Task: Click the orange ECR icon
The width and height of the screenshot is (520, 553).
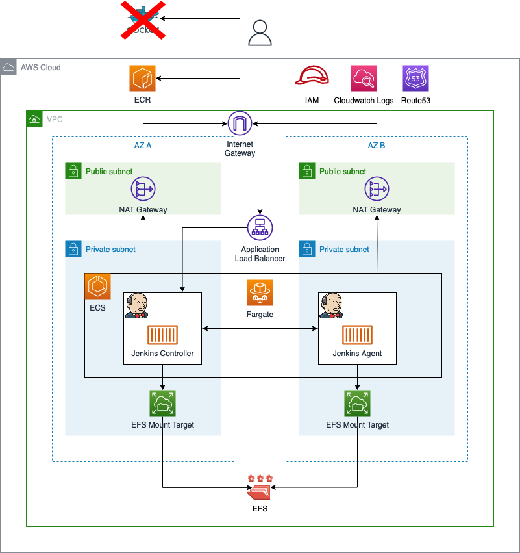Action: click(x=142, y=79)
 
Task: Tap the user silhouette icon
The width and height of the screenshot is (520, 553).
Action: click(x=260, y=33)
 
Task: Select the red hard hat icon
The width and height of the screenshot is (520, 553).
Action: click(x=312, y=77)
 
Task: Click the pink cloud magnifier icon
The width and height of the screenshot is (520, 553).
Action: click(x=364, y=79)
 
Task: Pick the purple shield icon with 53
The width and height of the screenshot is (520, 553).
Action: click(x=415, y=79)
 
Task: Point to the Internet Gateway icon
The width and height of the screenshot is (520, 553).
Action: click(x=240, y=123)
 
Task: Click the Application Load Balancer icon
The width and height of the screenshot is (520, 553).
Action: click(x=260, y=228)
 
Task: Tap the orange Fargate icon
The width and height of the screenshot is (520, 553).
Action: click(x=260, y=293)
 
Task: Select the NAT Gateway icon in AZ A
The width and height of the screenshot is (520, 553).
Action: click(x=143, y=189)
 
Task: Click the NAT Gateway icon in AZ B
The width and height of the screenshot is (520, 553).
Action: click(x=377, y=189)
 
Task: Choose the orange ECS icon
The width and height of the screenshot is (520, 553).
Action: click(x=97, y=287)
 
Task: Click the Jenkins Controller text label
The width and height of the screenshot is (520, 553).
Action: click(x=162, y=354)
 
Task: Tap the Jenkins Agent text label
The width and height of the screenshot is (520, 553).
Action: click(x=357, y=354)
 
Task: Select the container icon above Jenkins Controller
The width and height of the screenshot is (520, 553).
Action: click(x=162, y=335)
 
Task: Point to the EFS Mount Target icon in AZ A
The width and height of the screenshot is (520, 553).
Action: click(x=162, y=403)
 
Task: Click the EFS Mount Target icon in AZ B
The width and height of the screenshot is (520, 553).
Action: click(x=357, y=403)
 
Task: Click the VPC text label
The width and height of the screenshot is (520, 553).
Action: click(x=55, y=120)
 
